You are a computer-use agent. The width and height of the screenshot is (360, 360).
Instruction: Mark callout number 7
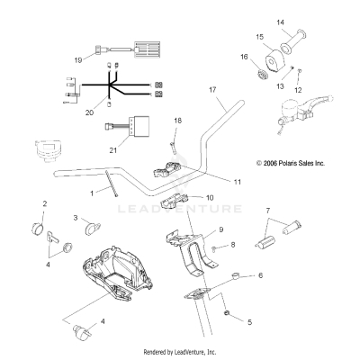tap(266, 210)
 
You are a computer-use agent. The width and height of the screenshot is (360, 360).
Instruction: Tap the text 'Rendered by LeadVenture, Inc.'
tap(180, 352)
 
